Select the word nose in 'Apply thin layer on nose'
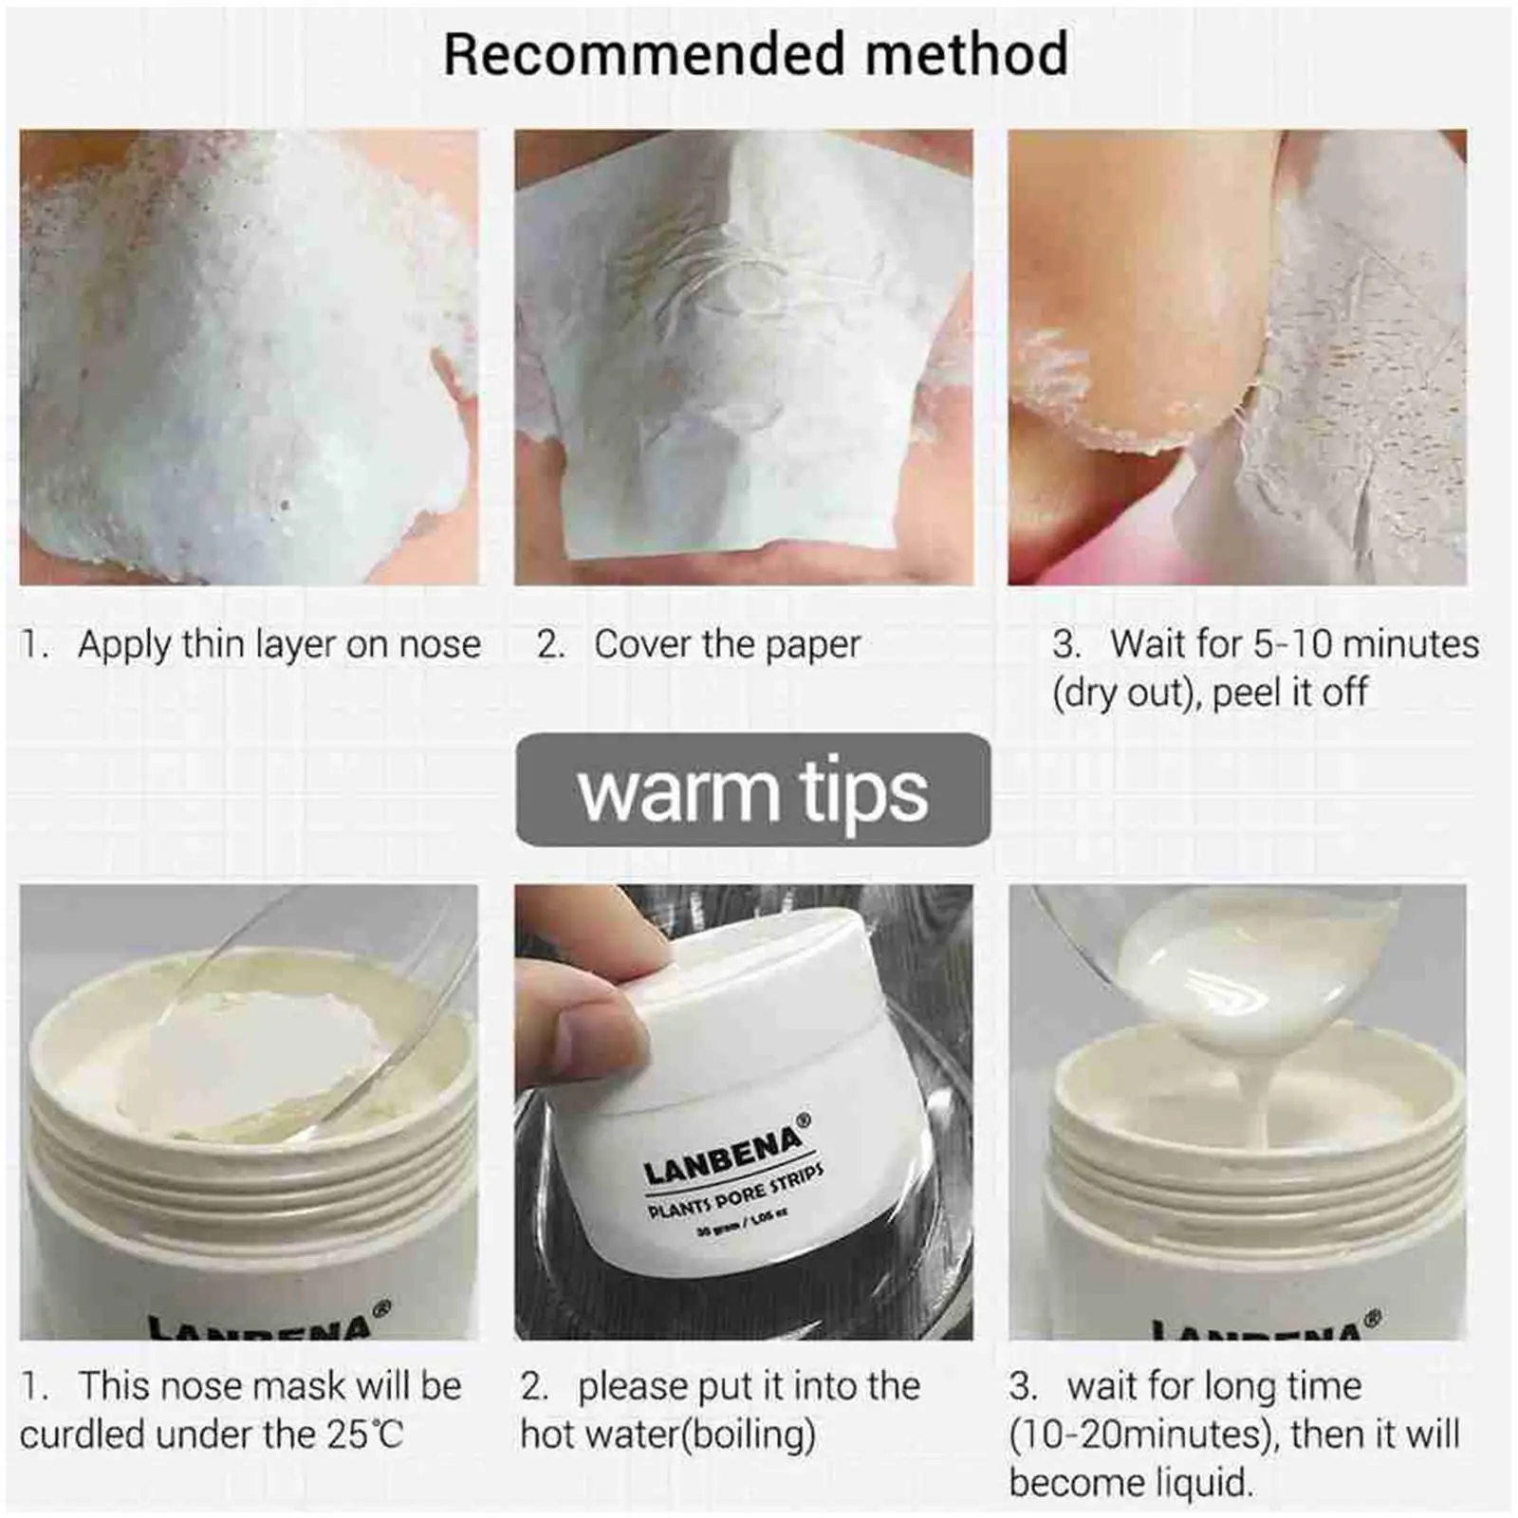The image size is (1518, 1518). pos(439,644)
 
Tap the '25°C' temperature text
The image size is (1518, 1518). pos(365,1435)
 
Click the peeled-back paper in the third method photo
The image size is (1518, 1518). pos(1328,379)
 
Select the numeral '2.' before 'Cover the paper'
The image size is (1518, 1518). pos(550,645)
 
